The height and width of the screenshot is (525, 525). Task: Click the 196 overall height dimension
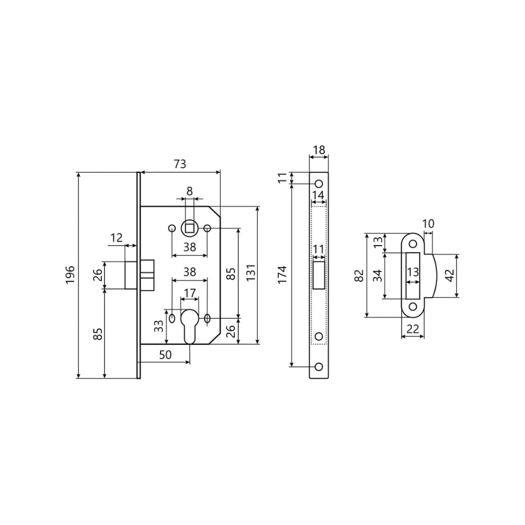70,275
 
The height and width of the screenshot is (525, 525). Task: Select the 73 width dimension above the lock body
180,164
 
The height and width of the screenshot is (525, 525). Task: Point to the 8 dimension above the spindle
190,191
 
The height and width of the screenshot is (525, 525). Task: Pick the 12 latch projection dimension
117,238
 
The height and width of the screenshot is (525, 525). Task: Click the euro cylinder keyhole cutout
190,325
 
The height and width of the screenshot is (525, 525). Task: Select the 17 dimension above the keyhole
190,293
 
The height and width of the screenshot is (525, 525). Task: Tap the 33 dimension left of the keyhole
159,327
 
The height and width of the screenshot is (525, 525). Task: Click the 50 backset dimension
165,354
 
